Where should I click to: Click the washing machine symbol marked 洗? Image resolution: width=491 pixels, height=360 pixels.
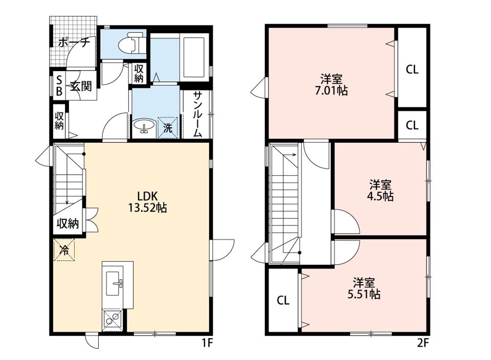pyautogui.click(x=168, y=127)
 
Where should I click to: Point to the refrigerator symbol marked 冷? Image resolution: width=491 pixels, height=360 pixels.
pyautogui.click(x=64, y=250)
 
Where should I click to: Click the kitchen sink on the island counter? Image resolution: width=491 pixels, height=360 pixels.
pyautogui.click(x=114, y=283)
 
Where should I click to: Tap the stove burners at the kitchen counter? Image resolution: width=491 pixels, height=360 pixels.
pyautogui.click(x=112, y=319)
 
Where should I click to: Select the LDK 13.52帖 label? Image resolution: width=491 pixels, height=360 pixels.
pyautogui.click(x=147, y=202)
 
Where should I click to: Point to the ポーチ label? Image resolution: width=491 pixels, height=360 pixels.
pyautogui.click(x=74, y=42)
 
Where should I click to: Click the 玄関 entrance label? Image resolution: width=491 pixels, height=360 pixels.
pyautogui.click(x=81, y=86)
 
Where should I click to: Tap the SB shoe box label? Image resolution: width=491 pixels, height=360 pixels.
pyautogui.click(x=59, y=85)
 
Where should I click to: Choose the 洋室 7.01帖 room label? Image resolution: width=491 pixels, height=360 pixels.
pyautogui.click(x=331, y=84)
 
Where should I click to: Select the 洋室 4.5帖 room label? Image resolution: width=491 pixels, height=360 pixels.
pyautogui.click(x=380, y=190)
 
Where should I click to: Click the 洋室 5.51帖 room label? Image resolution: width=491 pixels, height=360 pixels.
pyautogui.click(x=364, y=288)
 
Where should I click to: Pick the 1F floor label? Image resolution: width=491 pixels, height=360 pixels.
pyautogui.click(x=207, y=344)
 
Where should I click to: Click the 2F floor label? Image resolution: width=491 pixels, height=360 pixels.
pyautogui.click(x=423, y=344)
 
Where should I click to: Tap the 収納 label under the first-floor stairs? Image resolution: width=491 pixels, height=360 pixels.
pyautogui.click(x=68, y=223)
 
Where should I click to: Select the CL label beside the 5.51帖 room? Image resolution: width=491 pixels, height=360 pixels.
pyautogui.click(x=283, y=301)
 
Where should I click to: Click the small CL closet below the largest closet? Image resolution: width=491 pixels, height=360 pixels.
pyautogui.click(x=412, y=125)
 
